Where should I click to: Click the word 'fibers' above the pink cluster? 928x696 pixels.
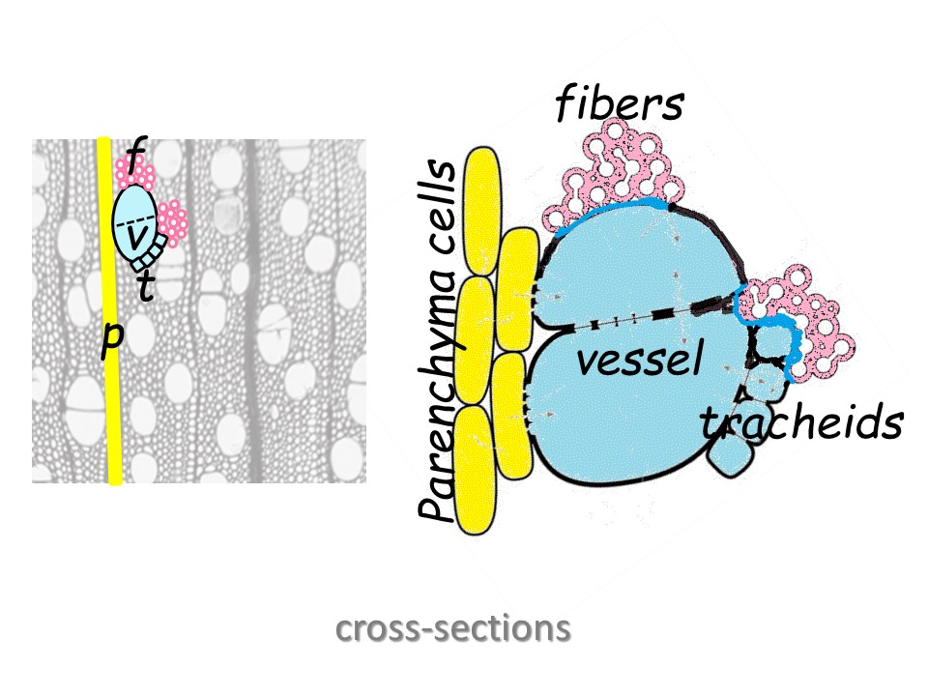coord(619,102)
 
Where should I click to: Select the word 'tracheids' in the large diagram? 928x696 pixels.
coord(801,422)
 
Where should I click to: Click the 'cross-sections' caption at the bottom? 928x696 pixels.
coord(453,629)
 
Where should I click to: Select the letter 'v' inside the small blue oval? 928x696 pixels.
coord(138,235)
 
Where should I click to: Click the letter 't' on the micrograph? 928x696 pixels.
coord(145,286)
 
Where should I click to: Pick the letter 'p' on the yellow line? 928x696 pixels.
coord(112,338)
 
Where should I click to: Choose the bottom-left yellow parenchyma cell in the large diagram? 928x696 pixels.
coord(475,470)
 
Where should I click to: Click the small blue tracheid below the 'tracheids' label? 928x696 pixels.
coord(731,454)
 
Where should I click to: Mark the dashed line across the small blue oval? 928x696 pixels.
coord(134,223)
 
